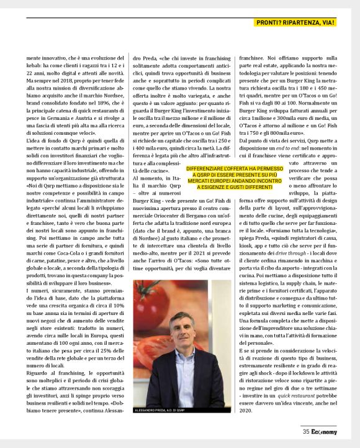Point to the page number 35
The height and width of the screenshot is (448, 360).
pyautogui.click(x=307, y=432)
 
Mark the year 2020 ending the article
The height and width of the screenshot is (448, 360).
pyautogui.click(x=246, y=410)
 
